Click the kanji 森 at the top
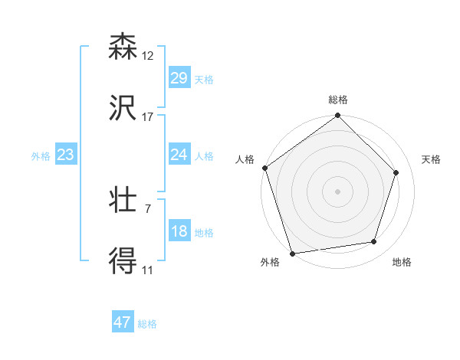pyautogui.click(x=123, y=47)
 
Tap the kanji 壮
pyautogui.click(x=123, y=200)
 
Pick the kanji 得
pyautogui.click(x=123, y=261)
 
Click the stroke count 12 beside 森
pyautogui.click(x=148, y=56)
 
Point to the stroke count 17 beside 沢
pyautogui.click(x=148, y=117)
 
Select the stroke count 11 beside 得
pyautogui.click(x=148, y=270)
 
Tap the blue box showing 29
pyautogui.click(x=179, y=78)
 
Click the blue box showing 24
pyautogui.click(x=179, y=155)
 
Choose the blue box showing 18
pyautogui.click(x=179, y=231)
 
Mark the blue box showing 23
pyautogui.click(x=66, y=155)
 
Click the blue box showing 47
pyautogui.click(x=123, y=322)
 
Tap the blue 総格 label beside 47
pyautogui.click(x=148, y=324)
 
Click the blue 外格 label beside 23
pyautogui.click(x=41, y=156)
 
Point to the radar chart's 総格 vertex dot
pyautogui.click(x=337, y=116)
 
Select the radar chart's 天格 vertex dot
pyautogui.click(x=396, y=173)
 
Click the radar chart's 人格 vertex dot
pyautogui.click(x=265, y=168)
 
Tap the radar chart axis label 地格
pyautogui.click(x=402, y=262)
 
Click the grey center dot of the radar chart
pyautogui.click(x=337, y=191)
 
